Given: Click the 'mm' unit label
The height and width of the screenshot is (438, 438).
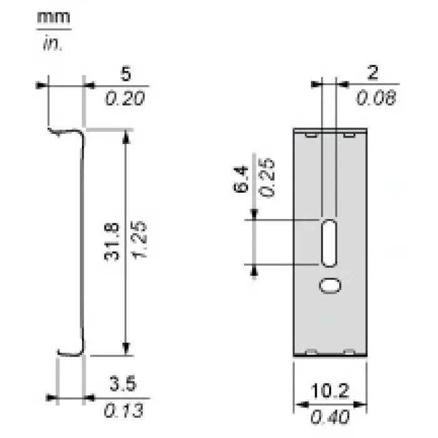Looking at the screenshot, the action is click(53, 18).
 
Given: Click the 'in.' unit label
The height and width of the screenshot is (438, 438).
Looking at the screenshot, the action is click(53, 44).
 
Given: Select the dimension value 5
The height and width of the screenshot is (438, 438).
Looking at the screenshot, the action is click(126, 74).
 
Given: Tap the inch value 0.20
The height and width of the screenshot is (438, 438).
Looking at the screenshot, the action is click(125, 98).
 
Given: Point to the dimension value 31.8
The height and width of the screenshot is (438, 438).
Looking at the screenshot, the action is click(112, 242).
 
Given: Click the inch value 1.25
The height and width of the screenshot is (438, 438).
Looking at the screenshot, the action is click(139, 240).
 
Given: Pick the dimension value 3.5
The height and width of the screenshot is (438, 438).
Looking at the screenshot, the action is click(123, 384).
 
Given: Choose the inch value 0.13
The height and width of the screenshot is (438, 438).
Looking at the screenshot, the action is click(123, 410).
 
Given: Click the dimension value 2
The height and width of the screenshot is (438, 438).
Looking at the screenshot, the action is click(373, 73).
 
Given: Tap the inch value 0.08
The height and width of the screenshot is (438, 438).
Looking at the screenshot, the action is click(376, 98).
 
